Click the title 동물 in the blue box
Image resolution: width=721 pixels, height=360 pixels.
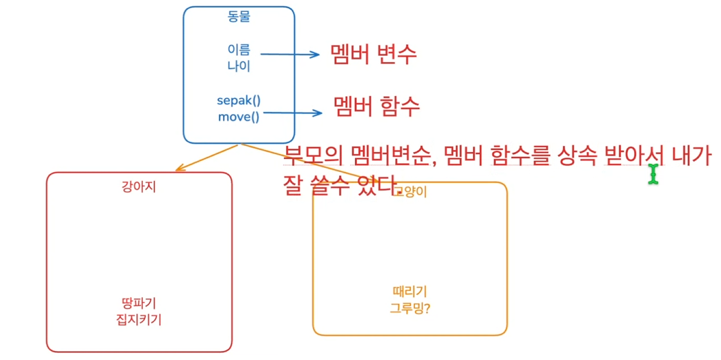tap(239, 17)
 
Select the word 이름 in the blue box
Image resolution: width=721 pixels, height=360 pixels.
tap(239, 50)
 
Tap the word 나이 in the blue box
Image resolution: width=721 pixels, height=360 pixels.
tap(239, 66)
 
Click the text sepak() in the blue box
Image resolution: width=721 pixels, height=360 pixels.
tap(239, 100)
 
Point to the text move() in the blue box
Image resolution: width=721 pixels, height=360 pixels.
tap(239, 117)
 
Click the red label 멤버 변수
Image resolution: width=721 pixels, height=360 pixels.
tap(374, 55)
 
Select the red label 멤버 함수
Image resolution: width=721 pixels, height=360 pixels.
tap(376, 107)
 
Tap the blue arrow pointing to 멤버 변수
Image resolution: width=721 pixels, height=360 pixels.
tap(290, 55)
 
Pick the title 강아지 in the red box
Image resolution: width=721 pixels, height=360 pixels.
tap(139, 186)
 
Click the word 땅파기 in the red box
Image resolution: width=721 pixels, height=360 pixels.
tap(139, 303)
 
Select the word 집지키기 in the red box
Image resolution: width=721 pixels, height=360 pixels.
tap(139, 320)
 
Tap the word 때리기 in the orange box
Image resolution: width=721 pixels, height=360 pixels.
tap(410, 292)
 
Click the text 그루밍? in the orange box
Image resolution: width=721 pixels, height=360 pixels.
tap(410, 308)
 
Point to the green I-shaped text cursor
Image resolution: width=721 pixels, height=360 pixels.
tap(653, 173)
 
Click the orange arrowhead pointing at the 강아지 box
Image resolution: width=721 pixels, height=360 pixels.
tap(180, 168)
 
